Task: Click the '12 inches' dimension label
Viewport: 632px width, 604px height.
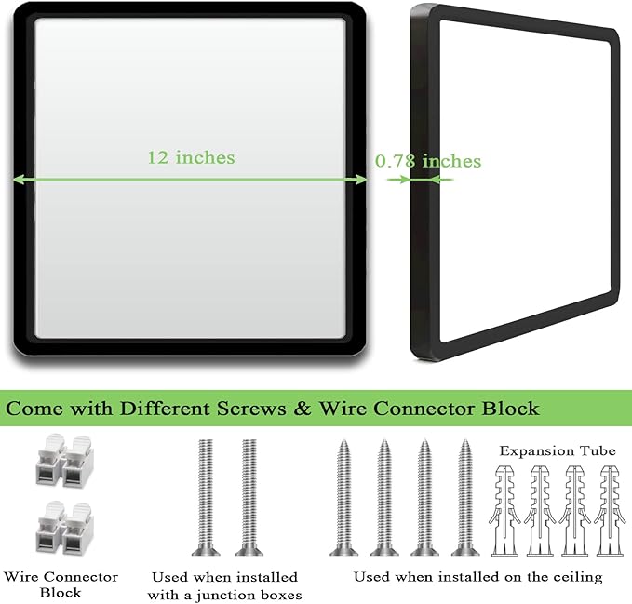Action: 191,157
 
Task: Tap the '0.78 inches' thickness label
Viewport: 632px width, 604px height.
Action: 428,161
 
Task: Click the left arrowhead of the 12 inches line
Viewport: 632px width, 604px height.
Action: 19,180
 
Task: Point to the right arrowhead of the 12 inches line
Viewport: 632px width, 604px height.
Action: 361,180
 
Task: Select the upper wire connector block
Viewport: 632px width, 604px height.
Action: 64,460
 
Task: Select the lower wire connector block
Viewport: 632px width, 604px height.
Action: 64,527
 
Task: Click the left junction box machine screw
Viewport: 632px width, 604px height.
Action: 206,497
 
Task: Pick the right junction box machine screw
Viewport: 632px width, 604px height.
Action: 249,497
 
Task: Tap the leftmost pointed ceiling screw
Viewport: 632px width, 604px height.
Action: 343,497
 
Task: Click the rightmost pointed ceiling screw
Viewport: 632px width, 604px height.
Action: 465,497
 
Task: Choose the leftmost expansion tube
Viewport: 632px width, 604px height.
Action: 504,511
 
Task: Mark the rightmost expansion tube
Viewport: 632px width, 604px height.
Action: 610,511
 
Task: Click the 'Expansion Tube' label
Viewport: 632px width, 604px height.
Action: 558,450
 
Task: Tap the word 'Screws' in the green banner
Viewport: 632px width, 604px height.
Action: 251,409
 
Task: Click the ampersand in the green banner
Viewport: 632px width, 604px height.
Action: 303,409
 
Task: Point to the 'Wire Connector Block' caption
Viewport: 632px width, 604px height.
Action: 61,584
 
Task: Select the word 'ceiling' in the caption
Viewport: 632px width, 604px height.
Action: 578,577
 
